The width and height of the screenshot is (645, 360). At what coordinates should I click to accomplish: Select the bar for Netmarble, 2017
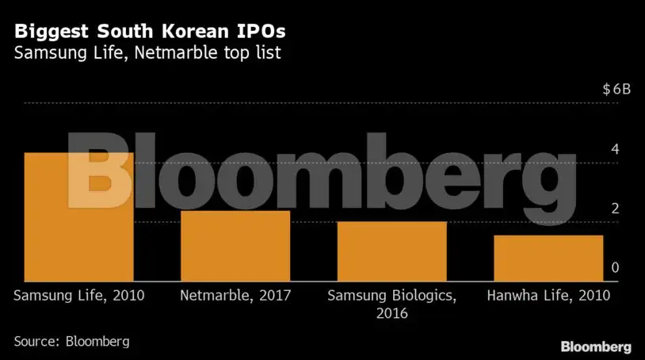235,245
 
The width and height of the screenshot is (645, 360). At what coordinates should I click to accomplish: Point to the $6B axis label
616,89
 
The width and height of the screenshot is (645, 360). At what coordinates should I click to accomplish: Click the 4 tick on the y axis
614,149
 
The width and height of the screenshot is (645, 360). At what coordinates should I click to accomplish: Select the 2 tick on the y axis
614,209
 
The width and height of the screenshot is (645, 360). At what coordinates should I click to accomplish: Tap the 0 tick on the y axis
614,268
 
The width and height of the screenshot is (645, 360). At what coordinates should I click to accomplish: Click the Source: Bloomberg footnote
71,342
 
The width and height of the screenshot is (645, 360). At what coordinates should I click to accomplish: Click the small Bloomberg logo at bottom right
596,347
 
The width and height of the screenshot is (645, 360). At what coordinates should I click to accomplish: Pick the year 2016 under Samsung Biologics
391,313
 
